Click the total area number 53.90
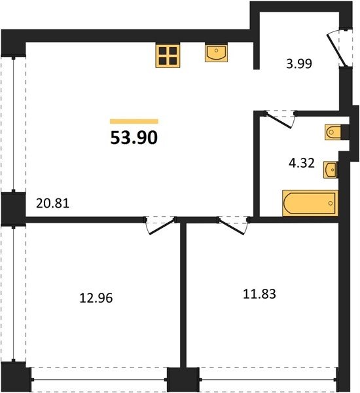tap(134, 138)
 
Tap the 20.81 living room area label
tap(52, 203)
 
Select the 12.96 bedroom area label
tap(96, 298)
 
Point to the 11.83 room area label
tap(260, 293)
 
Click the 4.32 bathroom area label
tap(302, 163)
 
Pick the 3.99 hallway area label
tap(299, 64)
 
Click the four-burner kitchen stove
tap(168, 56)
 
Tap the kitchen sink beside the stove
tap(216, 53)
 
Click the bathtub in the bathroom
tap(310, 203)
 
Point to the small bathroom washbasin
tap(331, 170)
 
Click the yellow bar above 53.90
tap(134, 122)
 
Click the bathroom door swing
tap(279, 121)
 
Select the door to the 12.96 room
tap(161, 227)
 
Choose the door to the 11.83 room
tap(232, 227)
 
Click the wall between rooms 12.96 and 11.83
tap(183, 295)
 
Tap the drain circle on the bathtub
tap(331, 203)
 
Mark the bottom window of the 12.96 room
tap(99, 380)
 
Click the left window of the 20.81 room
tap(14, 124)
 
